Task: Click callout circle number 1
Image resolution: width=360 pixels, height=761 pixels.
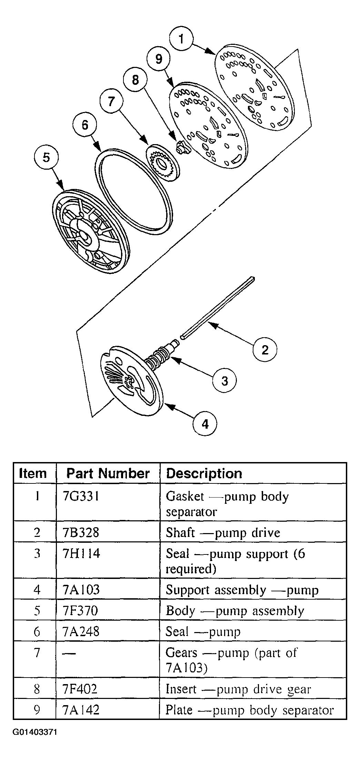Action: pos(181,39)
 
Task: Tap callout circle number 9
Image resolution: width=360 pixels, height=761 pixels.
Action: pos(159,59)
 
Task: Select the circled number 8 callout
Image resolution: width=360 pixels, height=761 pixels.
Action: pos(135,80)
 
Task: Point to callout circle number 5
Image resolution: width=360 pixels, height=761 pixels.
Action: pos(47,158)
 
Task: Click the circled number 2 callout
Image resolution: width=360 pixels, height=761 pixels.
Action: pos(265,350)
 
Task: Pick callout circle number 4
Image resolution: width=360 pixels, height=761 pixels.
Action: pos(205,424)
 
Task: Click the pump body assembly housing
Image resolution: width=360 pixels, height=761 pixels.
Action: pos(91,231)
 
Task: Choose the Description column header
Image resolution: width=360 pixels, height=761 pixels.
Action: pos(204,473)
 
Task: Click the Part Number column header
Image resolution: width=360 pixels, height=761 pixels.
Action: pos(108,473)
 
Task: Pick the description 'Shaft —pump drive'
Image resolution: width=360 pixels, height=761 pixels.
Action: pos(223,533)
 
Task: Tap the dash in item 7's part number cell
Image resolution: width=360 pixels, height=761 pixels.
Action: pos(71,654)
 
